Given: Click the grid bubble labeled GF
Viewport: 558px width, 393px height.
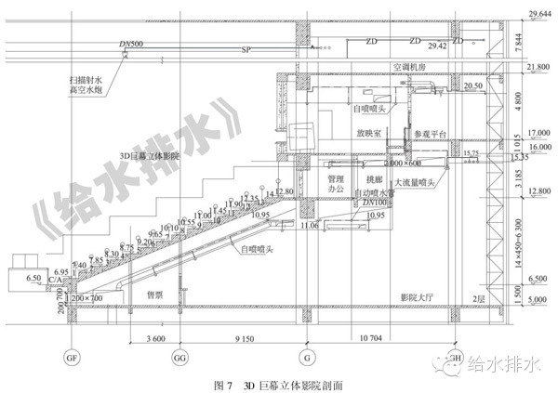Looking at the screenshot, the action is pos(69,357).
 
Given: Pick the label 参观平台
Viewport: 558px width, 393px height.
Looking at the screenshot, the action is pos(430,134).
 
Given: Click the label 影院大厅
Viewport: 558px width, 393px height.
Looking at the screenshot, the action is pos(418,296).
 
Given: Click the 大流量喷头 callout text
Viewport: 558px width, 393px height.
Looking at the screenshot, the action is pos(416,182).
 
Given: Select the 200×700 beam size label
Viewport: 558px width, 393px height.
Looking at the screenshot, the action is pos(89,297).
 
